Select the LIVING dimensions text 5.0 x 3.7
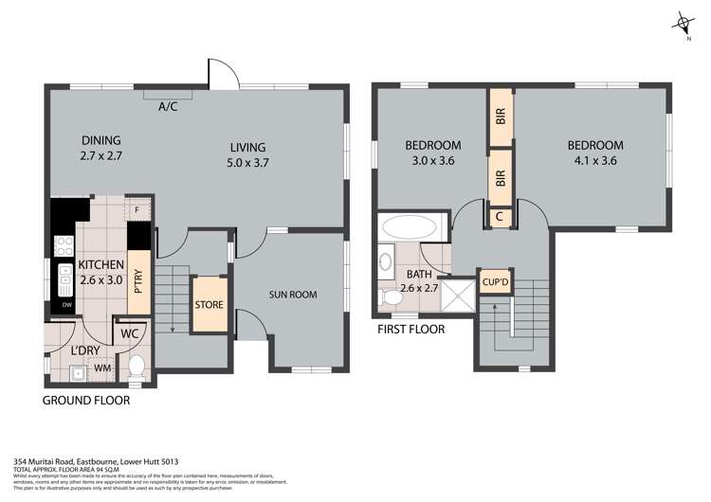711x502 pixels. pyautogui.click(x=246, y=163)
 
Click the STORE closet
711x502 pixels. pyautogui.click(x=210, y=304)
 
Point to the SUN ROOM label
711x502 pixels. pyautogui.click(x=290, y=295)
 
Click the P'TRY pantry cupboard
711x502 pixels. pyautogui.click(x=138, y=280)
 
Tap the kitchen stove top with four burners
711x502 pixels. pyautogui.click(x=64, y=246)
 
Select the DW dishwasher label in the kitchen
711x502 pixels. pyautogui.click(x=64, y=305)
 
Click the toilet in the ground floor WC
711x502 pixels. pyautogui.click(x=137, y=366)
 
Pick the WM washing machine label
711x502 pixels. pyautogui.click(x=101, y=367)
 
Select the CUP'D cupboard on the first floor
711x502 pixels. pyautogui.click(x=496, y=282)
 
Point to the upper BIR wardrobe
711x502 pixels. pyautogui.click(x=500, y=118)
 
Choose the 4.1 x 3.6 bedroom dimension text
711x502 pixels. pyautogui.click(x=595, y=162)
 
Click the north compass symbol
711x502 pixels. pyautogui.click(x=685, y=24)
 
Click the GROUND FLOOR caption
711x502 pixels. pyautogui.click(x=86, y=401)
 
